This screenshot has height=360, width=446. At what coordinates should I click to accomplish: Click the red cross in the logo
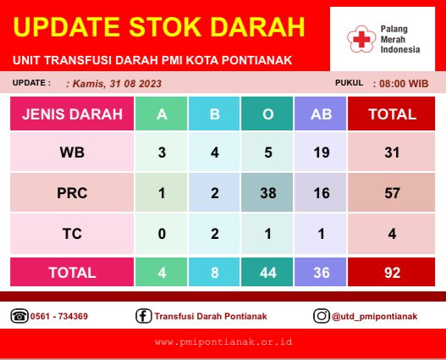click(x=361, y=39)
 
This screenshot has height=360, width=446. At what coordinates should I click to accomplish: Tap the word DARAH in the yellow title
click(x=257, y=27)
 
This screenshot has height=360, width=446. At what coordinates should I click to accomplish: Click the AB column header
click(x=321, y=114)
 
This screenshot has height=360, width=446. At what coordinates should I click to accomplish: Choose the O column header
click(x=268, y=114)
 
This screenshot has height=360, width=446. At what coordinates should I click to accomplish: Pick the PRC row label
click(x=72, y=193)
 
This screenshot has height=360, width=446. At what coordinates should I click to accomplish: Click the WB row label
click(x=72, y=152)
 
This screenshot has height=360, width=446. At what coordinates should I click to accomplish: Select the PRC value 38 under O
click(x=268, y=193)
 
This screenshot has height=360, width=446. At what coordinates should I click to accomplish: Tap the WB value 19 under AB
click(x=322, y=152)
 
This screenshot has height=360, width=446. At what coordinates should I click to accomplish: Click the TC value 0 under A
click(x=162, y=234)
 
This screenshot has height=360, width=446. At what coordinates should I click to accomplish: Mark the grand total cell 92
click(x=392, y=273)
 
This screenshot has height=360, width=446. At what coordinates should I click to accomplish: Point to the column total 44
click(x=268, y=273)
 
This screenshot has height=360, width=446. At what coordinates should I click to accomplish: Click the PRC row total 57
click(x=392, y=193)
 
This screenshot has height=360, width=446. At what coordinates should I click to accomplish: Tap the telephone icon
click(x=19, y=316)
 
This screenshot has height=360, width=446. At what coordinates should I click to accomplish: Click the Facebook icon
click(x=144, y=316)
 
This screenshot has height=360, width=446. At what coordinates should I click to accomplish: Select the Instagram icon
click(x=322, y=316)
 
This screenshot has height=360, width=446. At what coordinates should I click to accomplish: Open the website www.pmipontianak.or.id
click(x=223, y=341)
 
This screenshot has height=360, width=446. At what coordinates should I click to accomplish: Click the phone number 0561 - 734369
click(x=59, y=316)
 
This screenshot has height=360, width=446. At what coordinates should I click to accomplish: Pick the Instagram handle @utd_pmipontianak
click(x=374, y=317)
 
